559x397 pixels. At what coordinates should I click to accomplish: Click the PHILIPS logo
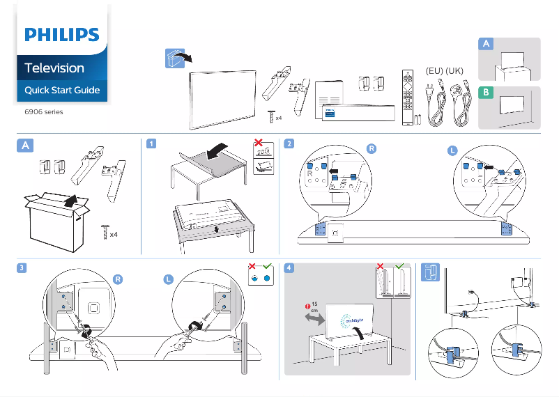[x=62, y=36]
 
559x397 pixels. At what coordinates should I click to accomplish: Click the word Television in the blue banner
[x=54, y=68]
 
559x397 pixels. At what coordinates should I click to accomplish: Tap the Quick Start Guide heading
[x=62, y=91]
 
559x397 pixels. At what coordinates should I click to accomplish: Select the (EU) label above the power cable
[x=434, y=71]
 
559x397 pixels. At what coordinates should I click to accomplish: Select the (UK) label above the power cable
[x=454, y=71]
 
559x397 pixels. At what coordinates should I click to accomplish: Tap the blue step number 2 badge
[x=289, y=144]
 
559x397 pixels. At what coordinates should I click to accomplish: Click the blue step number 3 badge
[x=23, y=268]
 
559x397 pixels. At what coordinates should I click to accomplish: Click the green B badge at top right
[x=486, y=92]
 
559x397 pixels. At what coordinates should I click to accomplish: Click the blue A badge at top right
[x=487, y=44]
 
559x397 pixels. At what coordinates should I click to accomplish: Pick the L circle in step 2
[x=453, y=151]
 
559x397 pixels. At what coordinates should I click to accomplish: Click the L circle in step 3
[x=168, y=279]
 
